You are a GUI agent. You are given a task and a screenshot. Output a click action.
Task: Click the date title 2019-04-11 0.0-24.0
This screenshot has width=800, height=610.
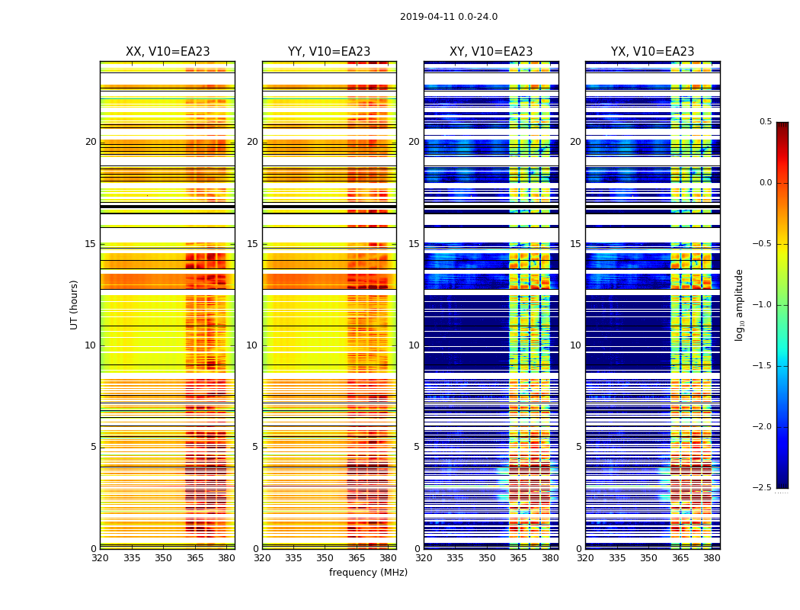[x=449, y=17]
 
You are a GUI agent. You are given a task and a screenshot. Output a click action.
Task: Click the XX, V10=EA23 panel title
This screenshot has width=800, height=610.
[x=168, y=52]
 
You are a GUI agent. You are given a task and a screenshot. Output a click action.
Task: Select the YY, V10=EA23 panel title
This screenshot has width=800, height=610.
[x=329, y=52]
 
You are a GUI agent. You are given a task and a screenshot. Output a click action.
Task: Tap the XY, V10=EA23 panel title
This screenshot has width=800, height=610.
[x=491, y=52]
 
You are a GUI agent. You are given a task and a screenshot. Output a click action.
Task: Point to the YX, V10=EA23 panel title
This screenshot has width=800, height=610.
[x=652, y=52]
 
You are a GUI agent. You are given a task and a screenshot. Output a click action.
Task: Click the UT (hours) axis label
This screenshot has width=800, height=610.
[x=75, y=304]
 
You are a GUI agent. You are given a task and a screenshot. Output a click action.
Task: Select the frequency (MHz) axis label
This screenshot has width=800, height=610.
[x=368, y=573]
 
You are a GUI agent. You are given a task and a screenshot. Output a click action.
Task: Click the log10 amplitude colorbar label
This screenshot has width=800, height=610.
[x=739, y=304]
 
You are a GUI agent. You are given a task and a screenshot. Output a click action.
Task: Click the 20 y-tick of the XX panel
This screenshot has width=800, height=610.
[x=91, y=142]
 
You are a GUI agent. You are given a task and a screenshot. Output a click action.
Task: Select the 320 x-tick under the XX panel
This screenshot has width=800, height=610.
[x=100, y=558]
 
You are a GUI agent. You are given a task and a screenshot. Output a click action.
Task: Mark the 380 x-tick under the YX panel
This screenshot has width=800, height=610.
[x=712, y=558]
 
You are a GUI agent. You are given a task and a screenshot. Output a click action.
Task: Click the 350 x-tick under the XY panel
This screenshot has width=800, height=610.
[x=487, y=558]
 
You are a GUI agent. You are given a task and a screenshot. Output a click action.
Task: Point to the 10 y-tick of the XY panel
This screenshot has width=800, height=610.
[x=414, y=345]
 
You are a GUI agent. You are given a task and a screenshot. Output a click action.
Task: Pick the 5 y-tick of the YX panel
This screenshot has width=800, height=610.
[x=578, y=447]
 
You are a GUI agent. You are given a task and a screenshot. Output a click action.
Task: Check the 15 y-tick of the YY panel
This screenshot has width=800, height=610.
[x=252, y=244]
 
